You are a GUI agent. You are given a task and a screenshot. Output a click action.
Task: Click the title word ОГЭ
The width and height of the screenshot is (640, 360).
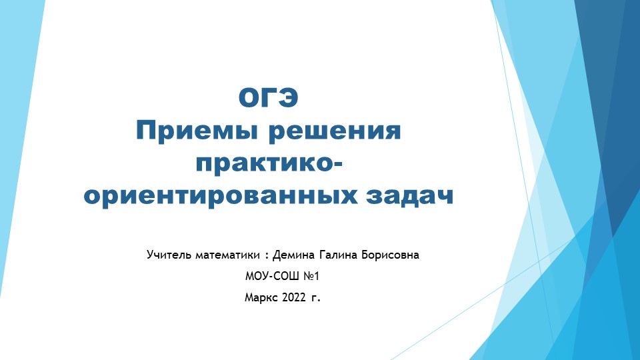tap(269, 99)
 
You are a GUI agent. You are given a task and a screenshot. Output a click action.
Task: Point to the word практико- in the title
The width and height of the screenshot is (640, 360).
tap(269, 163)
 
